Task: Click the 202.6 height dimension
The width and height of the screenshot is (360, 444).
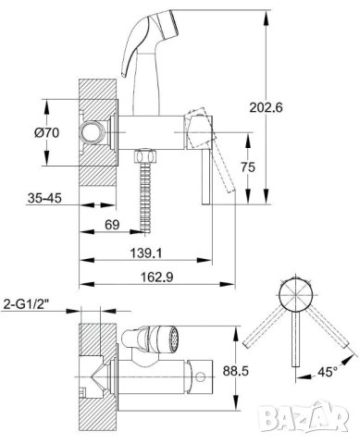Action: tap(266, 107)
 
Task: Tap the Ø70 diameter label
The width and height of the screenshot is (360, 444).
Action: tap(47, 133)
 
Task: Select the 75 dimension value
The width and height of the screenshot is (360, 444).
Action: tap(248, 167)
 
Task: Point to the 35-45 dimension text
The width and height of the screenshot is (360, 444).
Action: tap(44, 198)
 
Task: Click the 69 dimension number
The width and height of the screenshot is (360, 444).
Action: tap(112, 225)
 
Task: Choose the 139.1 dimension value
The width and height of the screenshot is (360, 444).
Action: tap(146, 253)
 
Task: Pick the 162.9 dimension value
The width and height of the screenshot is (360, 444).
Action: tap(157, 277)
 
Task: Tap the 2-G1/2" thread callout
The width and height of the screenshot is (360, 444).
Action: tap(26, 304)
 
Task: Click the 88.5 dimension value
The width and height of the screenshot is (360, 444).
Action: tap(236, 371)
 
